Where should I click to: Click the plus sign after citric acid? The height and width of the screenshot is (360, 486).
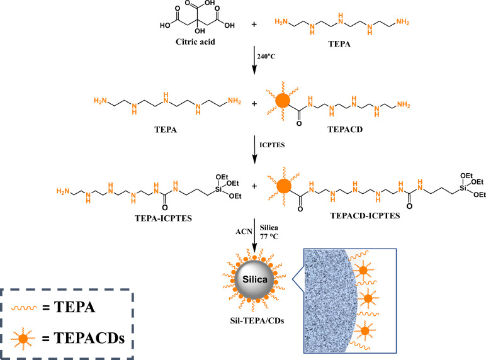click(x=254, y=26)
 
